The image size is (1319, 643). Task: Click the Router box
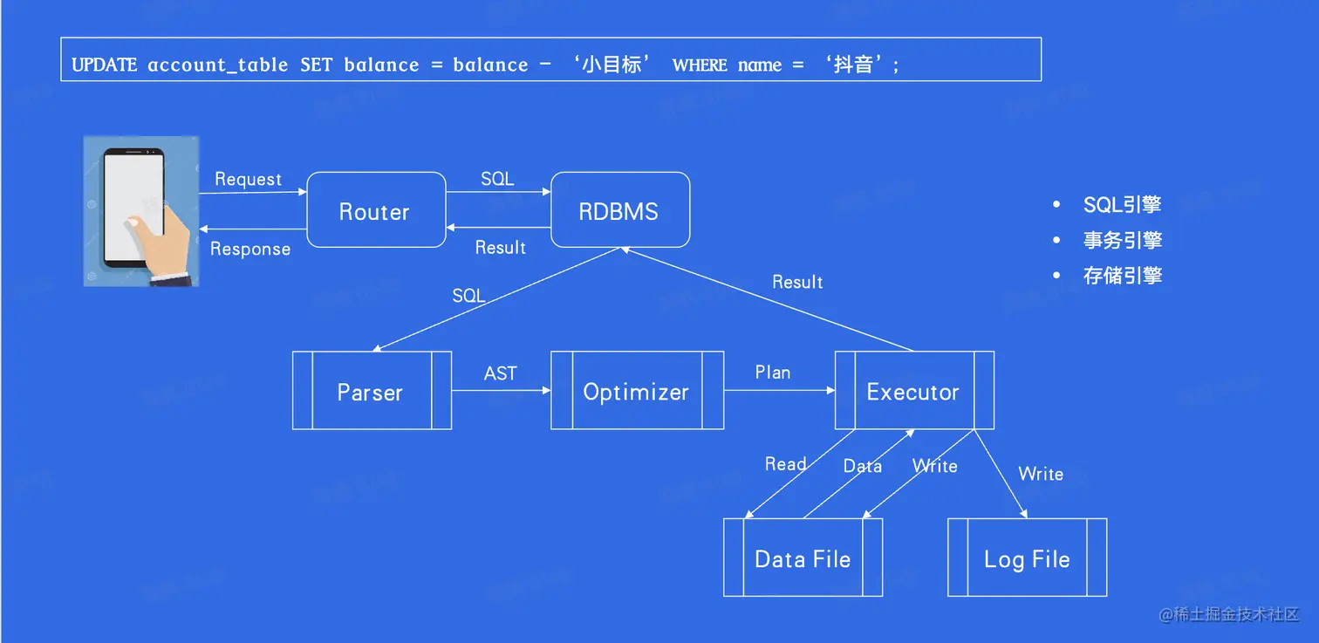tap(375, 212)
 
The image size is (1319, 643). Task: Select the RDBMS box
tap(619, 211)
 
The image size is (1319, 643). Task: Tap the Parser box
tap(371, 392)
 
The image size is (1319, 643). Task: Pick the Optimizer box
tap(636, 392)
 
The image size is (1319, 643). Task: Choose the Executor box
tap(913, 392)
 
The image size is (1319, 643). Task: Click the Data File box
tap(803, 558)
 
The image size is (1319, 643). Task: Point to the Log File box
tap(1027, 558)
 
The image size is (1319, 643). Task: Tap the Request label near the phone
tap(248, 179)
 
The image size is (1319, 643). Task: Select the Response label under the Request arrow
tap(250, 249)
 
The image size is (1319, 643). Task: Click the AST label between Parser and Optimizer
tap(501, 373)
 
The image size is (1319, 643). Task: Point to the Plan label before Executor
tap(773, 373)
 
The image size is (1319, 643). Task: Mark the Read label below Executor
tap(785, 464)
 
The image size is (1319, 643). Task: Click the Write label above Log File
tap(1041, 474)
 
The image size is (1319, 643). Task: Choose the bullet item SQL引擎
tap(1122, 205)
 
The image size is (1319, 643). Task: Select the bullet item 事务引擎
tap(1122, 241)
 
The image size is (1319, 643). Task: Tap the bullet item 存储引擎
tap(1122, 276)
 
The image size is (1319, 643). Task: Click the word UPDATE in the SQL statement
tap(104, 65)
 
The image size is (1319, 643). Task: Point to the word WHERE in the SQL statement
tap(700, 65)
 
